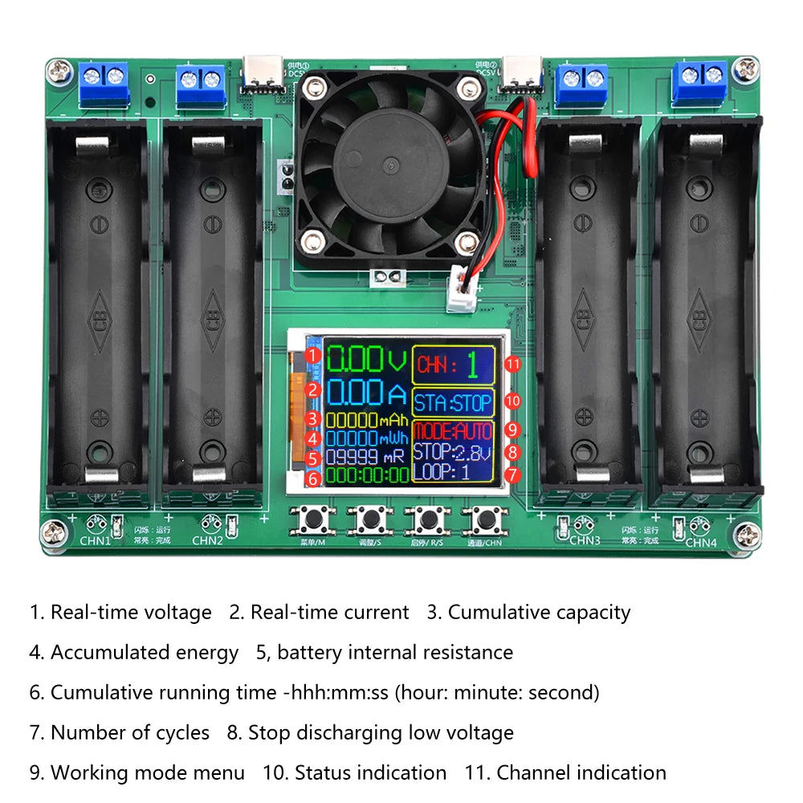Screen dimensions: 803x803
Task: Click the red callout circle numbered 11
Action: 513,365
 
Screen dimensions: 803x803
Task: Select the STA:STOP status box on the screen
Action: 453,401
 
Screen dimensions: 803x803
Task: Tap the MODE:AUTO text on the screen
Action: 453,431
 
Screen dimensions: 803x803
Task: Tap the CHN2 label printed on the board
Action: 207,540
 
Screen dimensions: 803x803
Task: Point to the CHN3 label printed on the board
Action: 585,540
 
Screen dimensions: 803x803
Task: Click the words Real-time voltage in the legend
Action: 131,613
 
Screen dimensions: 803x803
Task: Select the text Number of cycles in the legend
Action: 129,733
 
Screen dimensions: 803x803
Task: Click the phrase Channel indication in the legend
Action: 581,773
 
